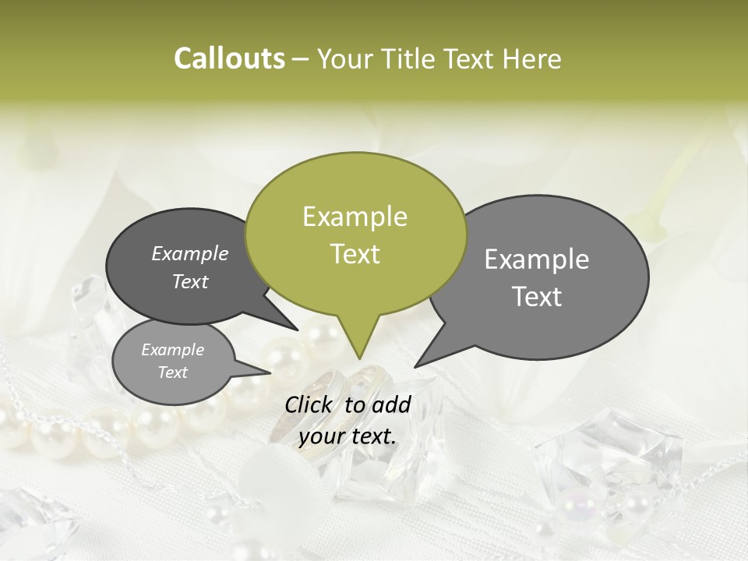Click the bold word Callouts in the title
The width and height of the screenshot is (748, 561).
click(x=229, y=59)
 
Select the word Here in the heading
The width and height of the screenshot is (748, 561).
click(x=532, y=59)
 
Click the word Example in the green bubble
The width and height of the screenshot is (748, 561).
click(x=355, y=217)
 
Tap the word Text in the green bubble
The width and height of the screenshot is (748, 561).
click(x=355, y=254)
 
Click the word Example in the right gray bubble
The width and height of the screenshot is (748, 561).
click(x=537, y=259)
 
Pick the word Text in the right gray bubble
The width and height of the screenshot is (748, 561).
click(x=537, y=297)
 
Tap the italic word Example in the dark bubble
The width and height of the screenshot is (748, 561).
click(x=190, y=254)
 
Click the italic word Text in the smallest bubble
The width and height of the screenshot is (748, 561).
click(x=173, y=372)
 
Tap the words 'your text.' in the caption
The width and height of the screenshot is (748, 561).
click(x=348, y=437)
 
